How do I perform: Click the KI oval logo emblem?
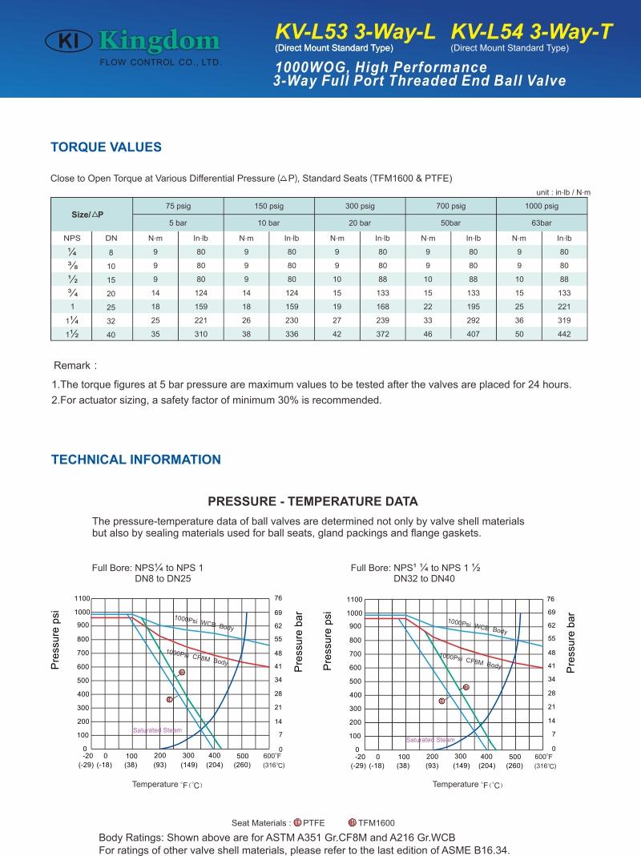tap(68, 41)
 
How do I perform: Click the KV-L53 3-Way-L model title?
tap(355, 32)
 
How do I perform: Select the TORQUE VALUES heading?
tap(106, 147)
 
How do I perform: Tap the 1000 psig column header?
tap(542, 206)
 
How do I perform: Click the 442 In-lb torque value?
tap(565, 334)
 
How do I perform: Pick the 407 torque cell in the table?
tap(474, 334)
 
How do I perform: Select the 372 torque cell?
tap(382, 334)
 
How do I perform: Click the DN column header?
tap(111, 238)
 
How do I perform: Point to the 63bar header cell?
tap(542, 223)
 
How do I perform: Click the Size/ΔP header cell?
tap(87, 215)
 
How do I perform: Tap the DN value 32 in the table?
tap(111, 321)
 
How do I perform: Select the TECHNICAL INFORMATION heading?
tap(136, 460)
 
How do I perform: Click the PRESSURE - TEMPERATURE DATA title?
tap(312, 501)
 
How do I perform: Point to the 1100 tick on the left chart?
tap(82, 598)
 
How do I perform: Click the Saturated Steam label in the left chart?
tap(157, 730)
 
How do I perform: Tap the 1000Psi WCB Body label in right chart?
tap(477, 625)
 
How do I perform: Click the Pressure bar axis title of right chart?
tap(570, 642)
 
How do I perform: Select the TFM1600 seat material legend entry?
tap(372, 822)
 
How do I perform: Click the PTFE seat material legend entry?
tap(309, 822)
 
